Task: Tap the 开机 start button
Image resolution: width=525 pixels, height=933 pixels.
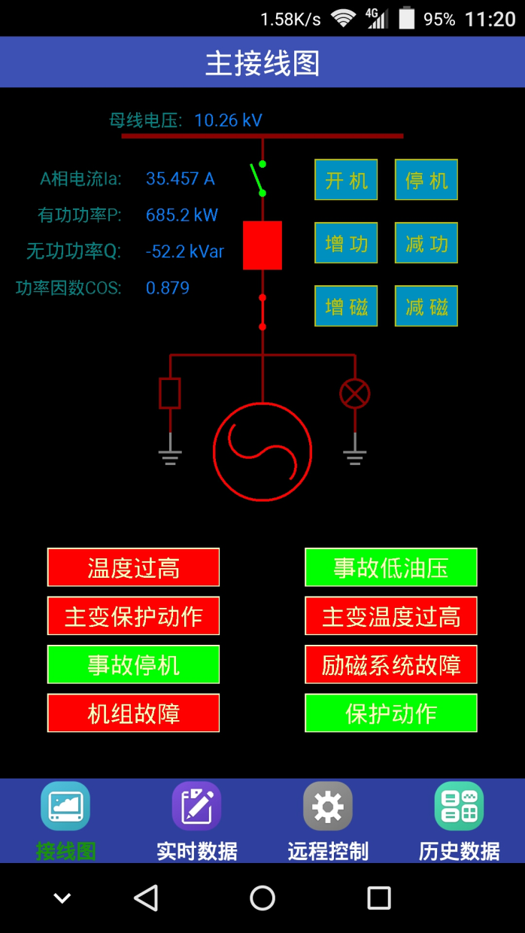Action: [346, 180]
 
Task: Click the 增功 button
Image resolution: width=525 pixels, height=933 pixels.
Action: [346, 243]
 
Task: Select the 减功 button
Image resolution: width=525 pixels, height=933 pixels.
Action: [426, 243]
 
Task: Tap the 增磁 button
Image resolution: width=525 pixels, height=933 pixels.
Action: [346, 306]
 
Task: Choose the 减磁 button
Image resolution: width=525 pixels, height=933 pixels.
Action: [426, 306]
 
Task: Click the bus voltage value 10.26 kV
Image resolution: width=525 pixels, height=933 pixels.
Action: [228, 120]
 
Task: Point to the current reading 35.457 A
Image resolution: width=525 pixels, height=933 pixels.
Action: [181, 178]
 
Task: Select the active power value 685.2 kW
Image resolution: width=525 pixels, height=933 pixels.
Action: [182, 215]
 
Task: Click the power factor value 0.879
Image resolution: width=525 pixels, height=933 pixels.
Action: [168, 288]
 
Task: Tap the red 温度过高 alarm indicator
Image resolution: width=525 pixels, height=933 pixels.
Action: [133, 567]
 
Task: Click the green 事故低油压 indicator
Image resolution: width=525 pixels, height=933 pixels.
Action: [391, 567]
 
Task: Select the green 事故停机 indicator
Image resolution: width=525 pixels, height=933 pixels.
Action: [133, 664]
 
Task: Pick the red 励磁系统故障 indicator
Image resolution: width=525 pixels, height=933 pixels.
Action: [391, 664]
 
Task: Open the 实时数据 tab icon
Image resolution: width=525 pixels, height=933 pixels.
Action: [196, 806]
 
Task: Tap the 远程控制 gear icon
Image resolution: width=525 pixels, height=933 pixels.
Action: [328, 806]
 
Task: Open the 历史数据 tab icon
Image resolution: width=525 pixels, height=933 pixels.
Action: [459, 806]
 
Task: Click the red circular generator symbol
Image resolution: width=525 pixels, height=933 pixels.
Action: [262, 451]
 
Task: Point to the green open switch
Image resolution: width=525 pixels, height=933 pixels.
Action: [258, 178]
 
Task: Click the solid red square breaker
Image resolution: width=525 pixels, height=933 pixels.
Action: [262, 245]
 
